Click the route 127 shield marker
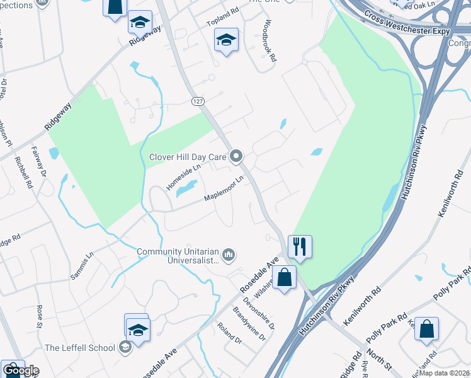(x=198, y=101)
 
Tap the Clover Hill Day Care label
(x=187, y=157)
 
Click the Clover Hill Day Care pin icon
(x=237, y=156)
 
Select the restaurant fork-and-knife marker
(x=300, y=246)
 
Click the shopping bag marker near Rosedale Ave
(x=285, y=277)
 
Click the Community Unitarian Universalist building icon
(x=229, y=255)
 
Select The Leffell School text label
(x=79, y=348)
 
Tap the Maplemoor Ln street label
(x=224, y=190)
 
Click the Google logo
(x=20, y=370)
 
